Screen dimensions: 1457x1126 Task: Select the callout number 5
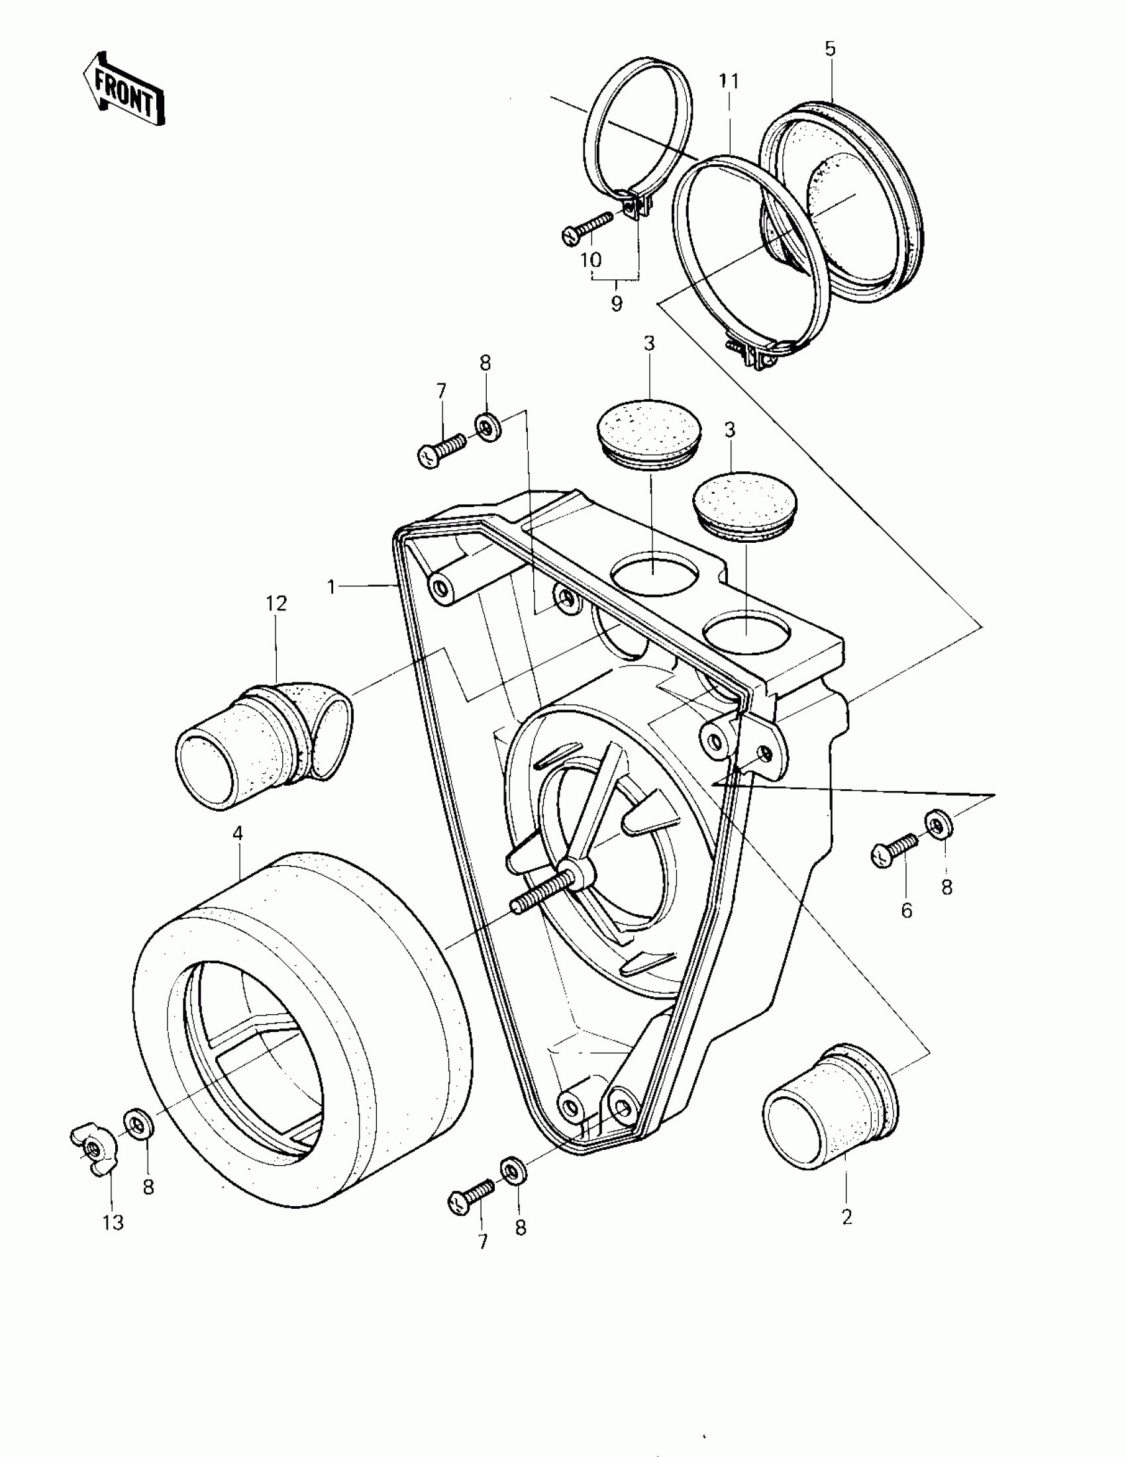point(831,49)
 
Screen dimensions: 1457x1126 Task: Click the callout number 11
point(729,81)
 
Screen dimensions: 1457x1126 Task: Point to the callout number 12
point(276,603)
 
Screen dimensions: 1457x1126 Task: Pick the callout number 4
point(238,833)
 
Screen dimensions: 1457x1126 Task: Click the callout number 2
point(847,1217)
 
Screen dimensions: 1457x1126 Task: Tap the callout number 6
point(906,911)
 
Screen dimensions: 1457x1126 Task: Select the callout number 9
point(617,304)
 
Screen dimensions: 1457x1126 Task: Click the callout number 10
point(591,259)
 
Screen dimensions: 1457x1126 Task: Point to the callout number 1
point(331,587)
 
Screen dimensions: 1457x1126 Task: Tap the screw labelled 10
point(588,227)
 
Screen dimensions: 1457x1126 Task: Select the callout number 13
point(113,1223)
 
